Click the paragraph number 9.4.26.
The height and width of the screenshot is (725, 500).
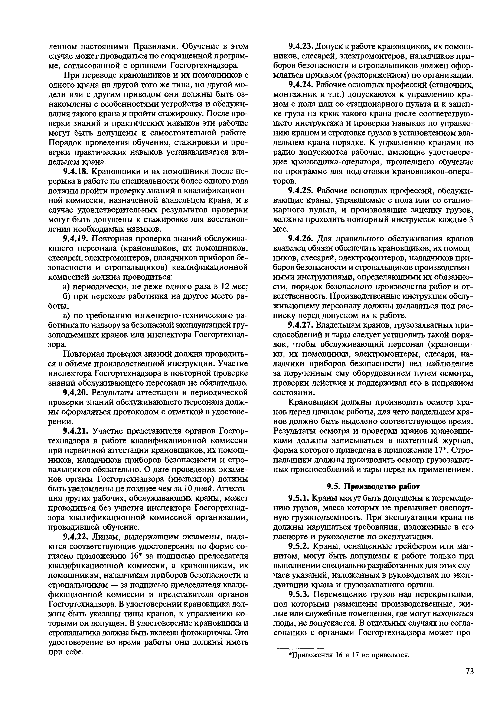coord(301,239)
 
